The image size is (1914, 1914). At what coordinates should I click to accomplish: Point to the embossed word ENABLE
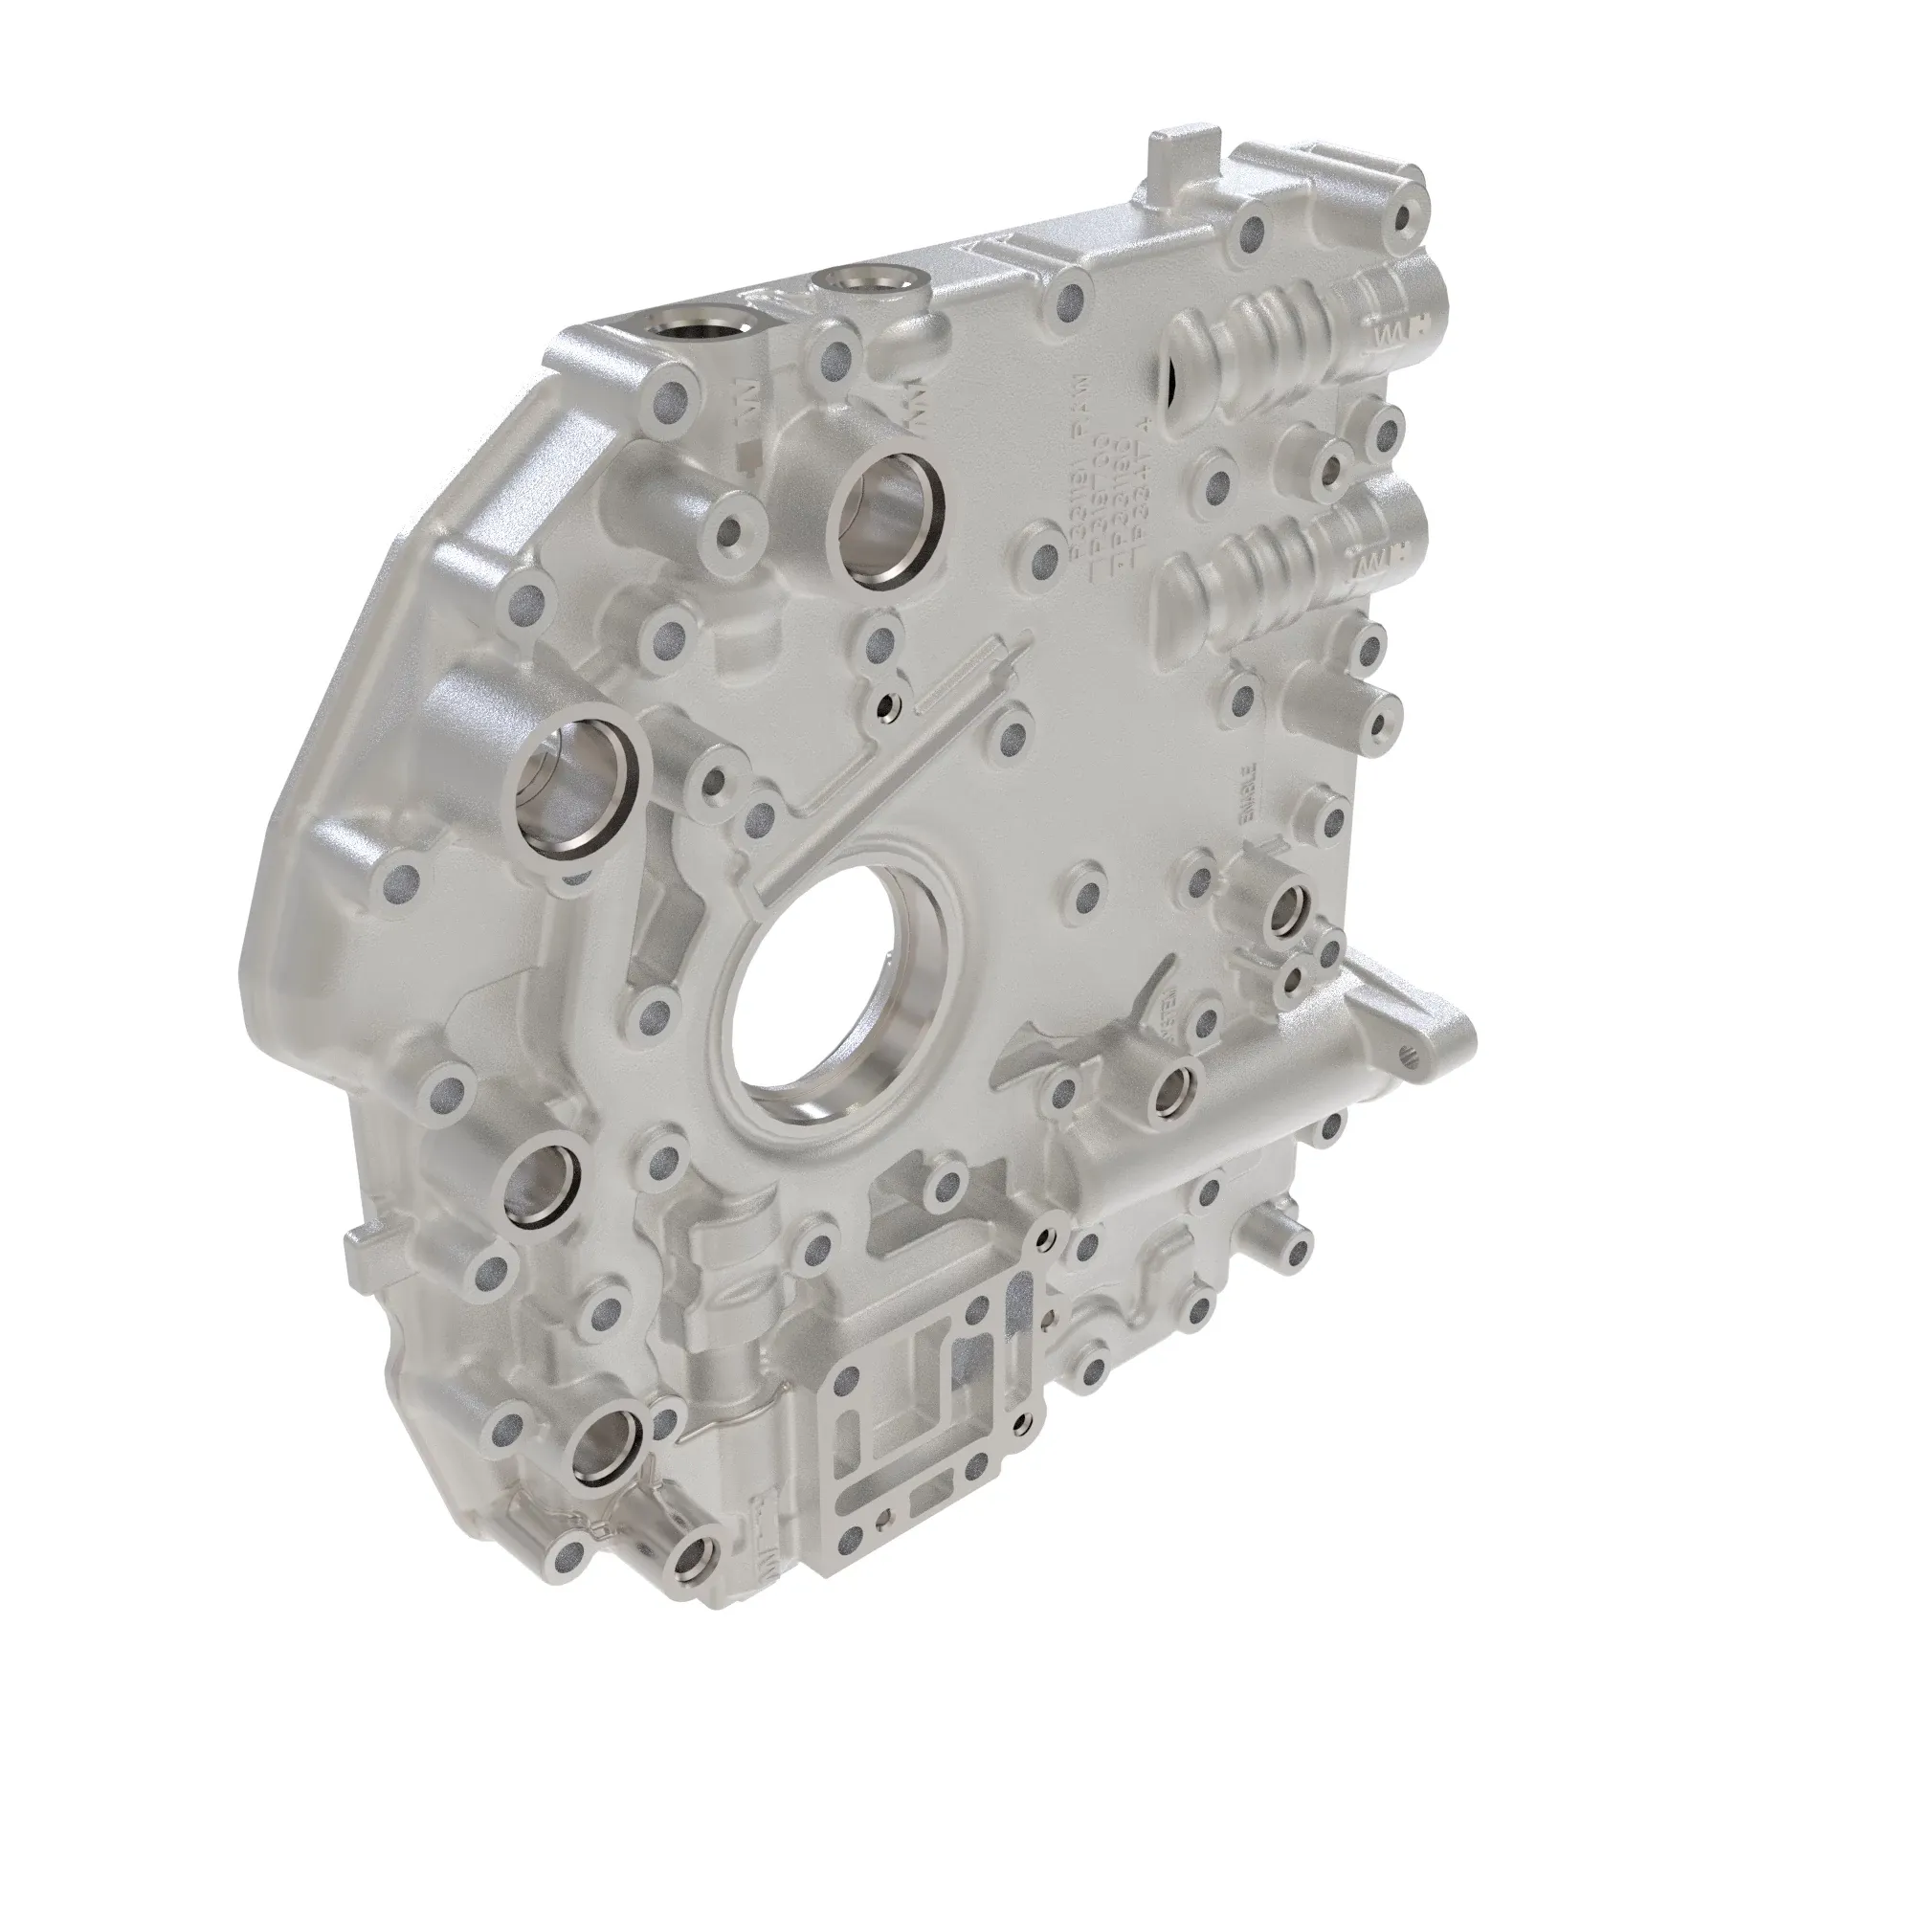coord(1250,792)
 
